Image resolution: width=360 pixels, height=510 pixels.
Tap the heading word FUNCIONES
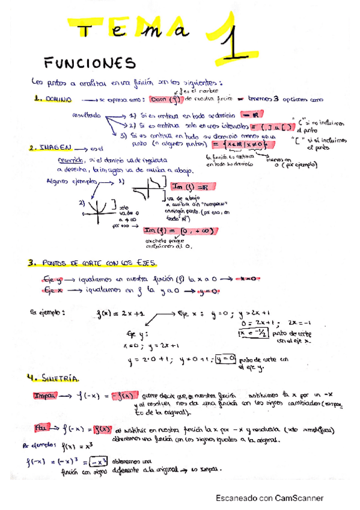coord(91,63)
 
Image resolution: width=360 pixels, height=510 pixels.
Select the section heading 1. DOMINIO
coord(53,99)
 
